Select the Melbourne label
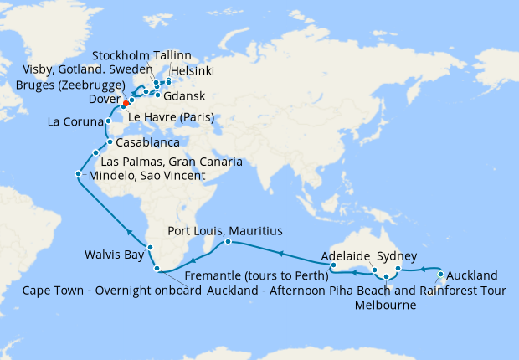(x=385, y=306)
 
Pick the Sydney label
(x=397, y=256)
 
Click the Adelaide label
(x=345, y=256)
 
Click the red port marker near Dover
(x=125, y=105)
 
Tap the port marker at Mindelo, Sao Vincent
(x=78, y=175)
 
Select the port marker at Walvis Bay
(x=150, y=247)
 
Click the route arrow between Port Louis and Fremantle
(x=280, y=251)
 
